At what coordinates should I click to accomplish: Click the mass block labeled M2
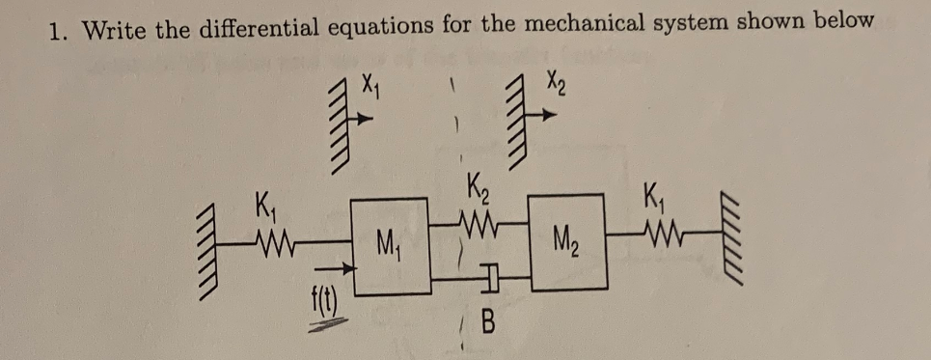point(567,241)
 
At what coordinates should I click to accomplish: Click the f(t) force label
point(315,312)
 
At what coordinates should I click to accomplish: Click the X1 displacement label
point(370,93)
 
